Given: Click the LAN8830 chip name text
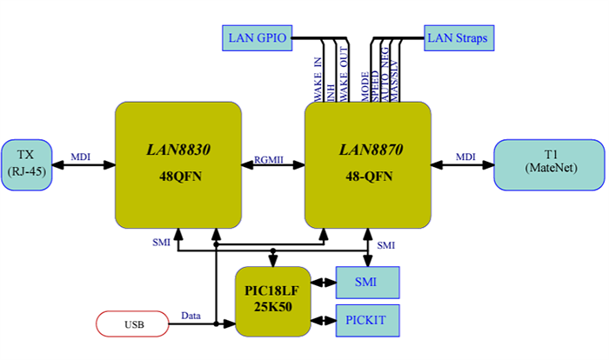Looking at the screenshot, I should (x=177, y=150).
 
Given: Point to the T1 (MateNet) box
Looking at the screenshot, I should (x=549, y=163).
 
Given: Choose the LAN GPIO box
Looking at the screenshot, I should (x=254, y=37).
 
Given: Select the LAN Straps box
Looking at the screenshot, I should (x=459, y=37).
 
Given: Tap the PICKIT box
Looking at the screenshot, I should (x=366, y=320).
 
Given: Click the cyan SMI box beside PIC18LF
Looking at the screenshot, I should (x=366, y=283).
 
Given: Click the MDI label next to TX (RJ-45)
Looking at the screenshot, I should (x=80, y=157).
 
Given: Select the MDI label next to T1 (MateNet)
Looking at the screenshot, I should (x=465, y=157).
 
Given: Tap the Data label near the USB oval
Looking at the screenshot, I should (x=191, y=316).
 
